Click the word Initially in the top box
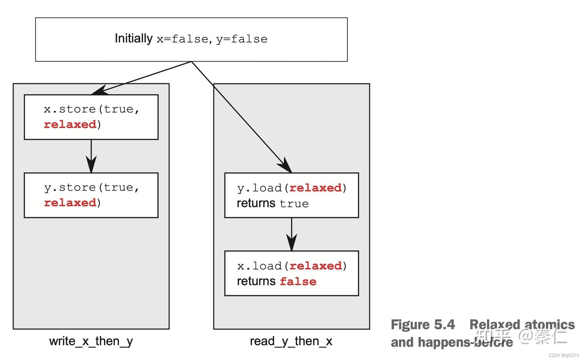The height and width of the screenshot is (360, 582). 133,39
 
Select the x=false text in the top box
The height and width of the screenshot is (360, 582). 182,39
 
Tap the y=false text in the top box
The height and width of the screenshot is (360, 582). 242,39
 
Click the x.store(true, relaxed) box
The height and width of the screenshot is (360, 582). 91,117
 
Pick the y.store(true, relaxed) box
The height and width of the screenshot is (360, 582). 91,195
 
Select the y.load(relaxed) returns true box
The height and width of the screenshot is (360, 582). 291,195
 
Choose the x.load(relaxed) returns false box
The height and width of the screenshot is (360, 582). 291,273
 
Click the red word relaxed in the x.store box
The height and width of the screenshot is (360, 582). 70,124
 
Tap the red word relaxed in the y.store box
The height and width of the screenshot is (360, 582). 70,203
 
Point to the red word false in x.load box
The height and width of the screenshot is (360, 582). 298,282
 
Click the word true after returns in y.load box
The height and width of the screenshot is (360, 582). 294,204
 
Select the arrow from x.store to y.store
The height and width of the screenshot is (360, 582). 91,156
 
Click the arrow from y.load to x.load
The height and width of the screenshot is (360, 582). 291,234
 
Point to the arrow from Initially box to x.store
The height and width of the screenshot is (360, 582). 141,78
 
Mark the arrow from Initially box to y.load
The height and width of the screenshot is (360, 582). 242,117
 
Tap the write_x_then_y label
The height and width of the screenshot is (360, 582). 91,341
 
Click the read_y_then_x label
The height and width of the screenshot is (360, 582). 291,341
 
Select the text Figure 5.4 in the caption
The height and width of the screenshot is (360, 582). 423,325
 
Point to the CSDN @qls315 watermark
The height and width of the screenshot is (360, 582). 563,355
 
